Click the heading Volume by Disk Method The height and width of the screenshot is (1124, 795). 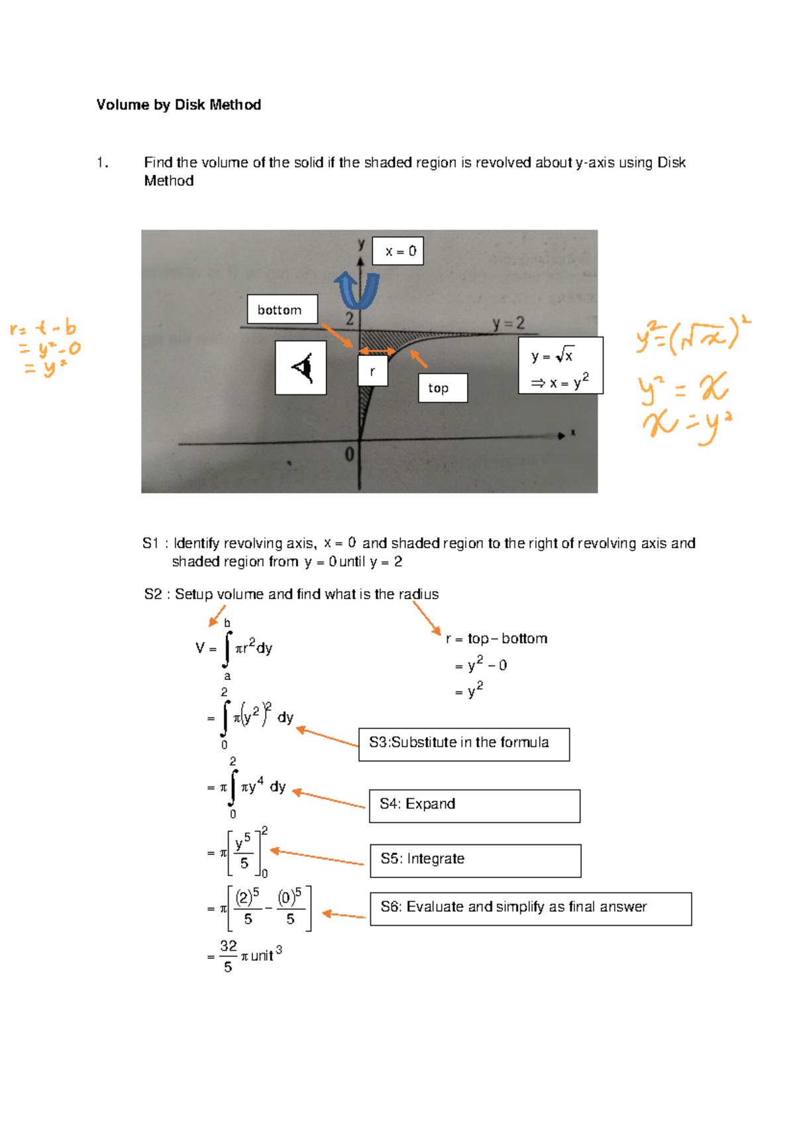[x=179, y=105]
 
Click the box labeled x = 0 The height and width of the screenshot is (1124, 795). [x=398, y=251]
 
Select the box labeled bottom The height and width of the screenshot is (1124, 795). [x=282, y=309]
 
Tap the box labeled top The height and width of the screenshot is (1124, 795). [x=443, y=388]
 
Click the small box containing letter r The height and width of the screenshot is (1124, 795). [x=372, y=371]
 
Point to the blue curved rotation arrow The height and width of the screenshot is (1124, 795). [x=357, y=290]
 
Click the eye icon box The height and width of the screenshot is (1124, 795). [x=301, y=368]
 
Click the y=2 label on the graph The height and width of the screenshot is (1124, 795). [x=508, y=323]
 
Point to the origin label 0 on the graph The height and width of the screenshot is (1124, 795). [x=349, y=455]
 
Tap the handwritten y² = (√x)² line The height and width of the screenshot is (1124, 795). [x=692, y=335]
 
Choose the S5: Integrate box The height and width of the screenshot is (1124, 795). [x=475, y=860]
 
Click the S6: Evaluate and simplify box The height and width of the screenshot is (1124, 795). [x=530, y=909]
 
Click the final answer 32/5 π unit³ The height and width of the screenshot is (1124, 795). [x=245, y=956]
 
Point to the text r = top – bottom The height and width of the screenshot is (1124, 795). [x=497, y=639]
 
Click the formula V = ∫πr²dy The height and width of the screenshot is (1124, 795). [x=235, y=648]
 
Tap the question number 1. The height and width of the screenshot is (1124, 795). [x=102, y=163]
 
